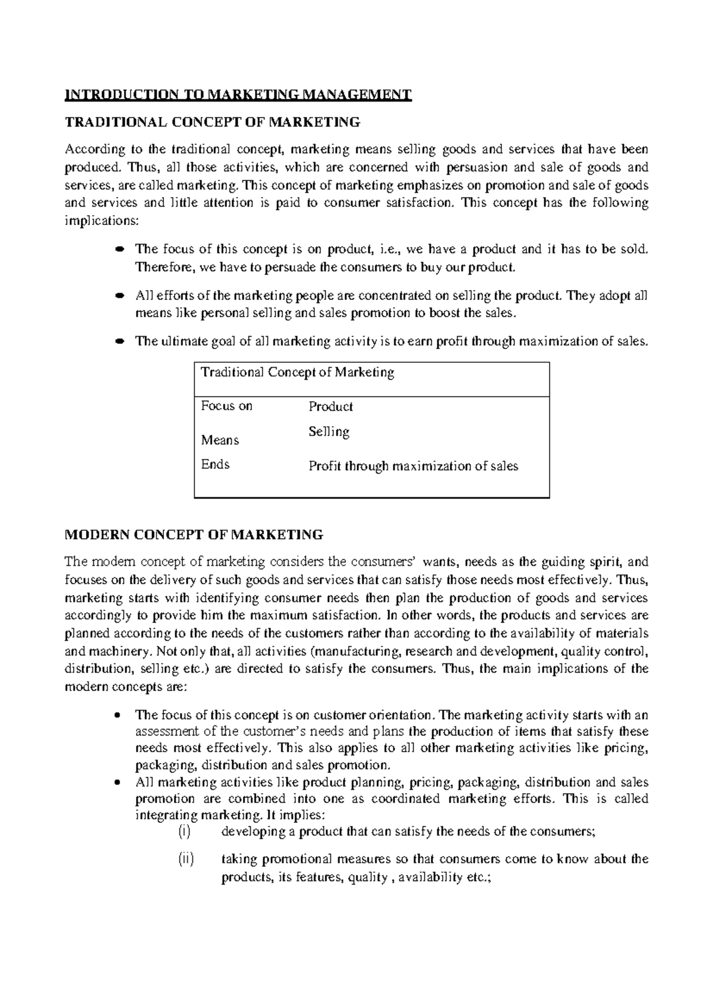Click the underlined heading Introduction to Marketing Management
coord(238,94)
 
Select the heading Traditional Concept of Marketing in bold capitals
coord(212,122)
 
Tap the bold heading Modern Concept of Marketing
coord(193,534)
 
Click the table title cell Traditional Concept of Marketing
coord(297,372)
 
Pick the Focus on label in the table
coord(226,406)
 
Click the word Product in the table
coord(330,407)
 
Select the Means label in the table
coord(220,440)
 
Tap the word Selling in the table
coord(329,432)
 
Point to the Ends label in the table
coord(215,464)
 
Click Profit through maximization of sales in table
coord(413,466)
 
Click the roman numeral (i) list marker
coord(185,831)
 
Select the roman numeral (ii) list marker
coord(186,859)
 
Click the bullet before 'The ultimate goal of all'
coord(118,341)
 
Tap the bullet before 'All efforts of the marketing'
coord(118,295)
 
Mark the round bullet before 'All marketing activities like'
coord(118,782)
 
